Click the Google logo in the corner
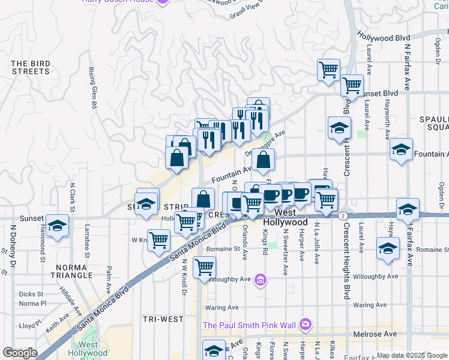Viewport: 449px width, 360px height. (20, 353)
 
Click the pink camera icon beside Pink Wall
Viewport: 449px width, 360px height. (306, 325)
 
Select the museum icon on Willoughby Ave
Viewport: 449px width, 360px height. (260, 280)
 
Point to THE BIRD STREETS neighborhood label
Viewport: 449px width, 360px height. (30, 67)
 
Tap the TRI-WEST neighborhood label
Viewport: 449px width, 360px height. (164, 319)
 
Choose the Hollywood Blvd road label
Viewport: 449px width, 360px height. (384, 37)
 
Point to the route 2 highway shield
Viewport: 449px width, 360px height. (342, 215)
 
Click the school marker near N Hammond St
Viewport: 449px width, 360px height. (57, 226)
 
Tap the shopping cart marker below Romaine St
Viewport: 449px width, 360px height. (205, 266)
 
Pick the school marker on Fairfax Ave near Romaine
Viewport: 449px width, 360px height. (388, 248)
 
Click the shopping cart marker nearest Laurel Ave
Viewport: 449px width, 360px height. (352, 85)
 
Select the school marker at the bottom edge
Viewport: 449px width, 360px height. (214, 350)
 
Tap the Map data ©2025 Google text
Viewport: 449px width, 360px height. (412, 355)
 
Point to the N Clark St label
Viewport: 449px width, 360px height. (72, 196)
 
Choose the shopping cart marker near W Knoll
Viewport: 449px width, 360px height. (159, 241)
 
